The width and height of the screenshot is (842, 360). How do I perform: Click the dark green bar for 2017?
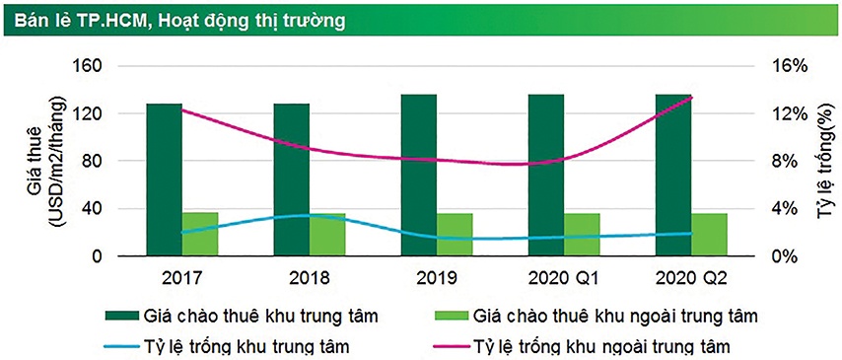(165, 180)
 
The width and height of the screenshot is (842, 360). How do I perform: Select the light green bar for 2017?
(200, 235)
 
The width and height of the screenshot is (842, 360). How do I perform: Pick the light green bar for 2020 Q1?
(582, 235)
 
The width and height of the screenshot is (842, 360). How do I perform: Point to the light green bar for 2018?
(327, 235)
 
